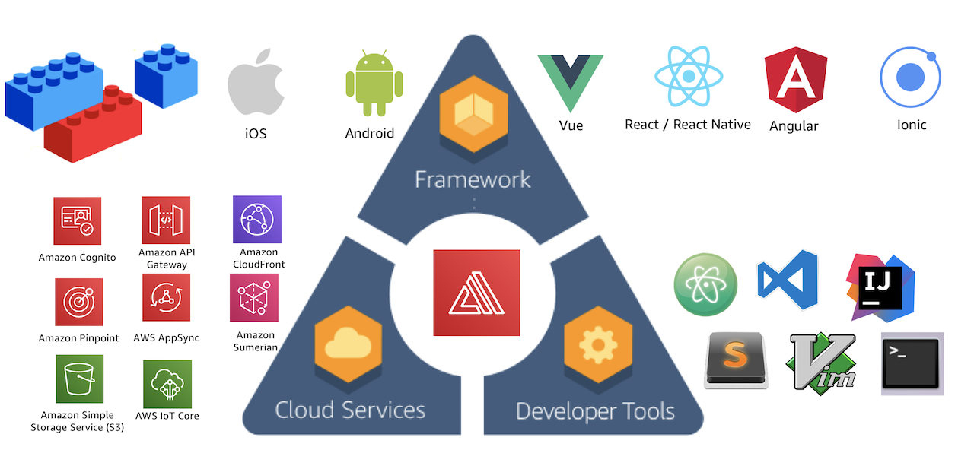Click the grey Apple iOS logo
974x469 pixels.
(256, 83)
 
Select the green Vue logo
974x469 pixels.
(570, 83)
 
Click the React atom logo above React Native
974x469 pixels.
(689, 76)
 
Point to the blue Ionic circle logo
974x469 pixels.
(911, 77)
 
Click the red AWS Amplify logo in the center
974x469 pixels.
(476, 293)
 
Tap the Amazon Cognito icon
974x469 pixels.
(78, 220)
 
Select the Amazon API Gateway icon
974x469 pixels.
(166, 220)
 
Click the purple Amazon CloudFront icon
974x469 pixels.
(257, 220)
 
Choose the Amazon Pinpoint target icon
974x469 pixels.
(78, 302)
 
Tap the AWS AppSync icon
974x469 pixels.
(166, 298)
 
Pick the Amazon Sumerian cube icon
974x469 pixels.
(254, 298)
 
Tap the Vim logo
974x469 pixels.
(823, 362)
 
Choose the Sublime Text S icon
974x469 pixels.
(735, 360)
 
